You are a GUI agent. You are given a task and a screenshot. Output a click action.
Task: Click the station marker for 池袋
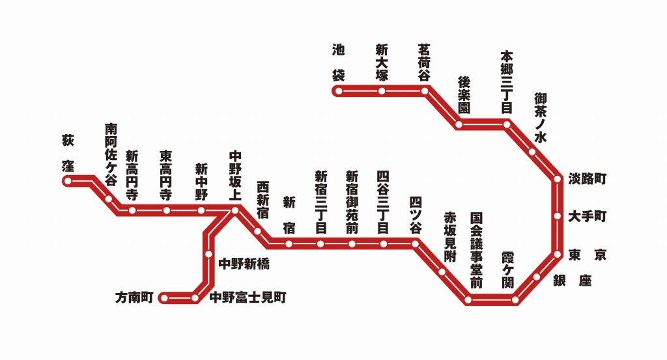tap(339, 91)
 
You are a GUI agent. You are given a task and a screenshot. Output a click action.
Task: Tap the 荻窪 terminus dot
tap(67, 181)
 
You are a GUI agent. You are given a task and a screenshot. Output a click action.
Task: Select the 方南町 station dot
tap(164, 298)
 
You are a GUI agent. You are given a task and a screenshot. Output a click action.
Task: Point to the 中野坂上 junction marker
tap(234, 210)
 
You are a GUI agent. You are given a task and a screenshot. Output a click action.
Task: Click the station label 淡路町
tap(587, 178)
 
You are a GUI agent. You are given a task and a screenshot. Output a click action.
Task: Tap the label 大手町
tap(587, 216)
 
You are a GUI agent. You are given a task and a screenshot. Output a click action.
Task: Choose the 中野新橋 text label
tap(244, 264)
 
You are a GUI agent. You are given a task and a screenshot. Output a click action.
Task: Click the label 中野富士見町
tap(248, 298)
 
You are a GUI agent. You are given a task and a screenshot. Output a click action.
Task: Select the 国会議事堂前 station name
tap(476, 250)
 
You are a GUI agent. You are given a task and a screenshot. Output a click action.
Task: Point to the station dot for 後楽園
tap(459, 124)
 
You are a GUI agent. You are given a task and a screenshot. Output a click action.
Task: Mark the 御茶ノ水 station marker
tap(532, 152)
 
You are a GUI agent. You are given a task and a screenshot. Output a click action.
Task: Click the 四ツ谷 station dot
tap(415, 243)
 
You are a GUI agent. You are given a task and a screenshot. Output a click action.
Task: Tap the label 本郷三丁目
tap(507, 83)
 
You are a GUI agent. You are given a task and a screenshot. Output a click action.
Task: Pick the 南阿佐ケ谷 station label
tap(111, 155)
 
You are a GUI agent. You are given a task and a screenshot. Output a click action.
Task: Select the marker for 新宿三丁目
tap(320, 243)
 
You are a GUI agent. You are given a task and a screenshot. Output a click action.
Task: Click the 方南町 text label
tap(134, 298)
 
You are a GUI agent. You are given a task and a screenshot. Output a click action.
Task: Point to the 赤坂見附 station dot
tap(442, 271)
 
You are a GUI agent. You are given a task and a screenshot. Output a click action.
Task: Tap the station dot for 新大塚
tap(382, 91)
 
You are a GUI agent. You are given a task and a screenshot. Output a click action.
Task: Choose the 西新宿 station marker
tap(257, 232)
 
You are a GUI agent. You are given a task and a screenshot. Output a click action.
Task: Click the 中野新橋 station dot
tap(208, 254)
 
